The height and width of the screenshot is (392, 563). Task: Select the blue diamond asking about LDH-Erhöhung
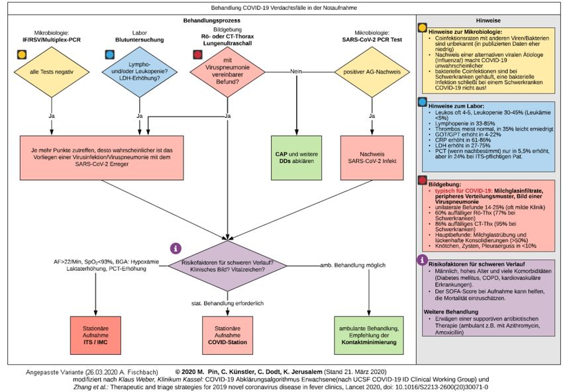click(x=139, y=71)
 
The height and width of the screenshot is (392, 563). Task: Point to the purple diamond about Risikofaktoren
click(x=228, y=266)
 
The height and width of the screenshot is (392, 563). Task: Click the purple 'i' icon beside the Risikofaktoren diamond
click(x=176, y=248)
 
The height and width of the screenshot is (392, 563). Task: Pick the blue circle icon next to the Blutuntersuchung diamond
click(x=110, y=54)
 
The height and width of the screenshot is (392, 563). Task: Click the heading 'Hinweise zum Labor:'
click(x=458, y=106)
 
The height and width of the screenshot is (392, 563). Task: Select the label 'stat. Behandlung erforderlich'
click(x=228, y=302)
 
